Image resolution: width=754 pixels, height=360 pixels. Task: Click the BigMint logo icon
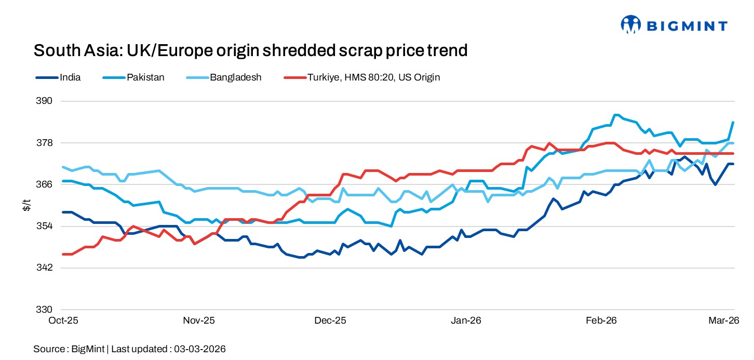tap(631, 24)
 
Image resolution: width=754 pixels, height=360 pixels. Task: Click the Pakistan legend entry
tap(145, 77)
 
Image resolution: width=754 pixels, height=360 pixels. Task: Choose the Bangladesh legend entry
tap(235, 77)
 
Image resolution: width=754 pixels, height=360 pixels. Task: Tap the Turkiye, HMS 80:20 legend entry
tap(373, 77)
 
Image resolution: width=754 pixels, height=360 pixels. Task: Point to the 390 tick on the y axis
tap(44, 101)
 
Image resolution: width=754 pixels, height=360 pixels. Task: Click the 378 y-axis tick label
tap(44, 143)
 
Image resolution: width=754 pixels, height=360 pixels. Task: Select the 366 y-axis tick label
tap(44, 184)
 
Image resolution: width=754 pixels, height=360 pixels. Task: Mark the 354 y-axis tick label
tap(44, 226)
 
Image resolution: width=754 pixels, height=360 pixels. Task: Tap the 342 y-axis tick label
tap(44, 268)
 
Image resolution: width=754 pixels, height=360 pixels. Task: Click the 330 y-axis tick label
tap(44, 310)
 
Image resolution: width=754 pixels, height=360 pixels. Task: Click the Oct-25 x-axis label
tap(63, 321)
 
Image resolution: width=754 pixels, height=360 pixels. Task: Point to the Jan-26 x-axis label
tap(466, 321)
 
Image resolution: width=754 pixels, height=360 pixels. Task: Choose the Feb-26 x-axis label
tap(601, 321)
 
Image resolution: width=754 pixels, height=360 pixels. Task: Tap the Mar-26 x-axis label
tap(724, 321)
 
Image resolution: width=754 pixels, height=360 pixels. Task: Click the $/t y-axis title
tap(27, 206)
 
